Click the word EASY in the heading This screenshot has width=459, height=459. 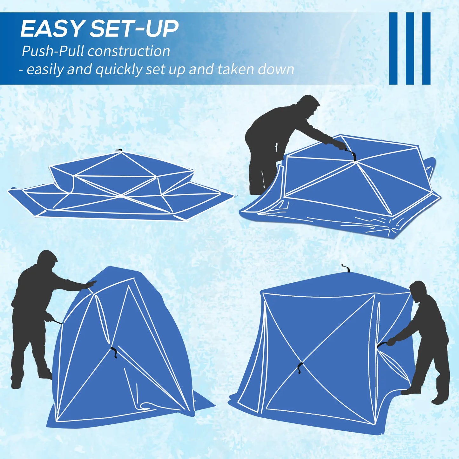[52, 29]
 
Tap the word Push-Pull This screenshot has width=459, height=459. [53, 51]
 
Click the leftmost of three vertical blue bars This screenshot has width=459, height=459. [393, 48]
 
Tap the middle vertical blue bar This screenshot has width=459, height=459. [410, 48]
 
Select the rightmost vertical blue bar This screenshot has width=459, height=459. [426, 48]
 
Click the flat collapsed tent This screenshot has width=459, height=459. [121, 187]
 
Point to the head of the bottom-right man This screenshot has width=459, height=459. [417, 289]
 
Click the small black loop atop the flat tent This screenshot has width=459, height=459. [119, 150]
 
